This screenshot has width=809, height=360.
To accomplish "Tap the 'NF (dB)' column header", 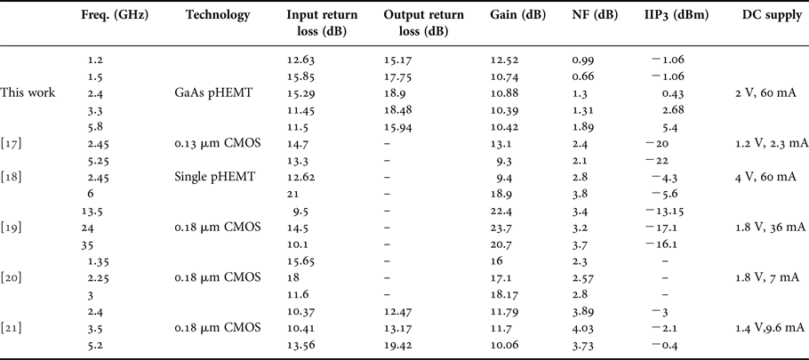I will point(589,16).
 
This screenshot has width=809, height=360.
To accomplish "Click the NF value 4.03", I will point(583,328).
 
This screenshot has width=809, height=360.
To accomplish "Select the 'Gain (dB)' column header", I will point(513,16).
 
